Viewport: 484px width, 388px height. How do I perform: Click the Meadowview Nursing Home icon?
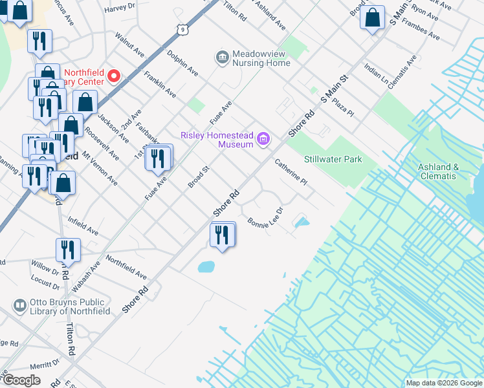(x=222, y=58)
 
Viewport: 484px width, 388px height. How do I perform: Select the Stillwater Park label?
(x=333, y=159)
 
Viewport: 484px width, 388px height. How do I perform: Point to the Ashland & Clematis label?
(x=438, y=171)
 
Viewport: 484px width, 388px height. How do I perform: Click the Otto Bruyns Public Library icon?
(x=20, y=305)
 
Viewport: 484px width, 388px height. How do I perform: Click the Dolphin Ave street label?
(x=182, y=63)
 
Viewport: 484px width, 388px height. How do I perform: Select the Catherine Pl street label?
(x=290, y=173)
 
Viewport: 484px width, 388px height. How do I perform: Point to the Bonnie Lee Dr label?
(x=265, y=217)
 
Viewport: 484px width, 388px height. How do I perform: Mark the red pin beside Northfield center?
(x=114, y=76)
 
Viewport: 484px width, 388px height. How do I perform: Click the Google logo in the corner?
(x=21, y=380)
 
